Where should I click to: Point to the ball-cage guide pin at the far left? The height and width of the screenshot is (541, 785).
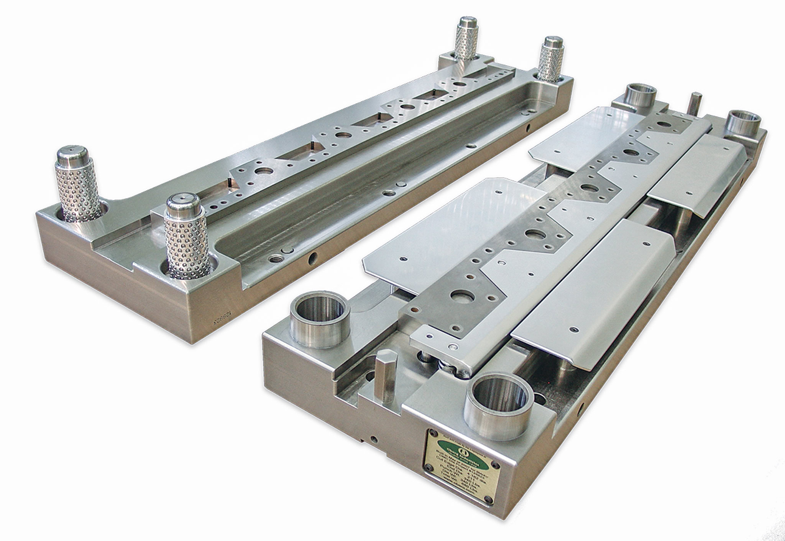click(x=78, y=183)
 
